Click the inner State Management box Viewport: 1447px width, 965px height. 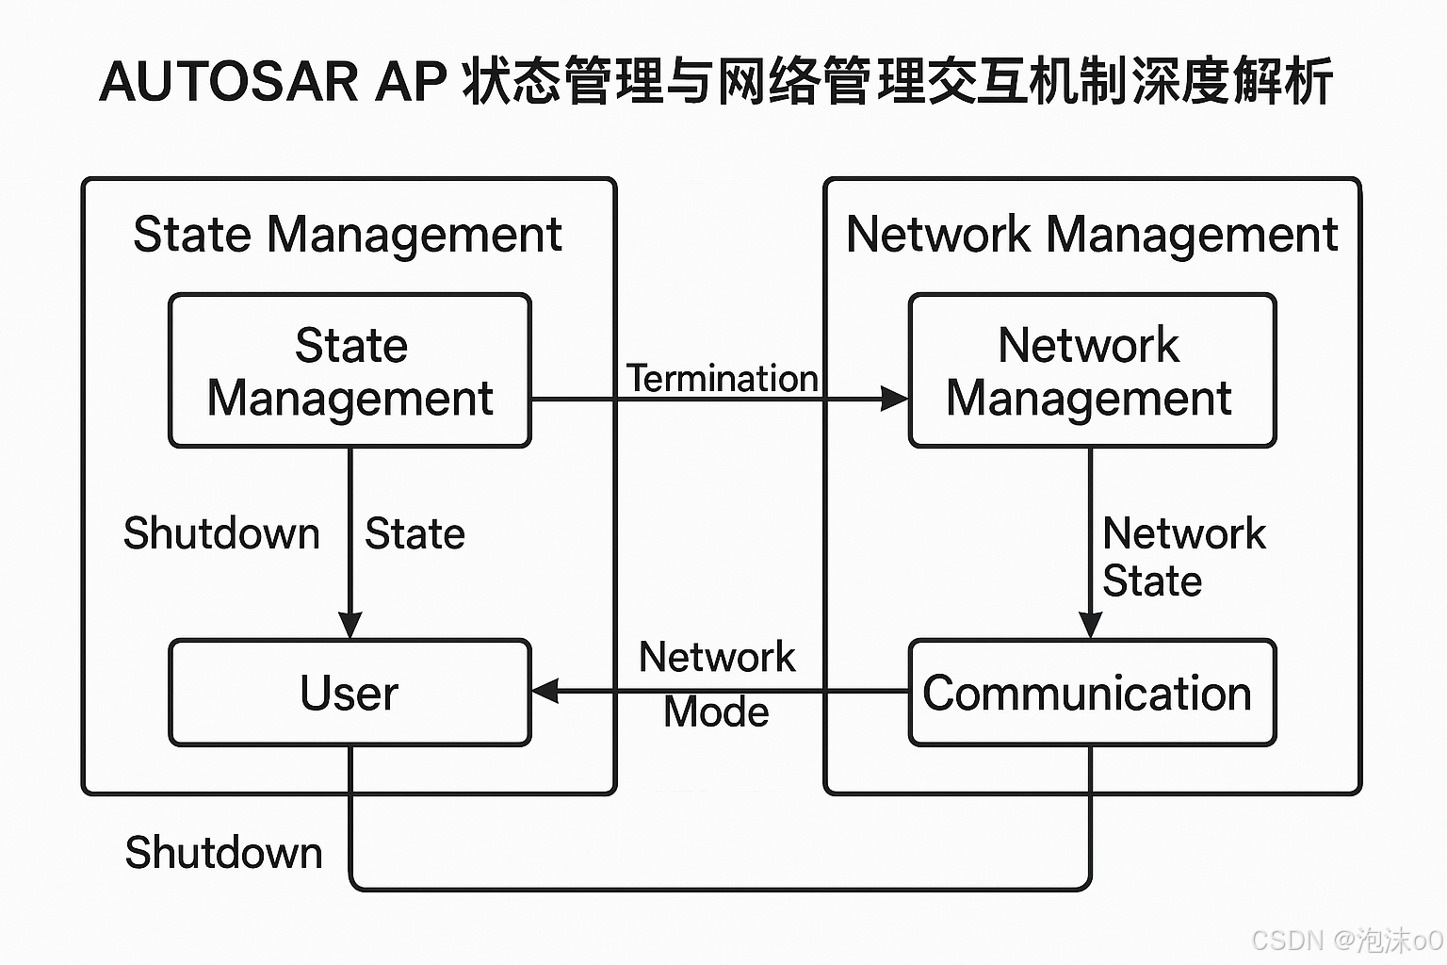pos(350,370)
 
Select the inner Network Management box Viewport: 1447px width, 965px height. pos(1091,370)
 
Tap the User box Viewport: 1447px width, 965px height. pos(350,693)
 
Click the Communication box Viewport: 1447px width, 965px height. pos(1091,693)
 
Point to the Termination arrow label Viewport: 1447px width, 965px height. pos(723,379)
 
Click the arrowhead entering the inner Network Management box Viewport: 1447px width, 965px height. pos(893,400)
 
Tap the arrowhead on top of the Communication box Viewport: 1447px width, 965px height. pos(1090,625)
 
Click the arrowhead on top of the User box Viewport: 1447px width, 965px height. pos(350,625)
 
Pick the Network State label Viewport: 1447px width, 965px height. pos(1182,557)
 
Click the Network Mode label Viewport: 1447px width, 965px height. pos(717,684)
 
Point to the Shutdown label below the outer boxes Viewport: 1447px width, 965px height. pos(224,853)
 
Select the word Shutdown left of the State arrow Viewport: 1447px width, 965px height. pos(222,533)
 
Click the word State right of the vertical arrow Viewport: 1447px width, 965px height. pos(415,533)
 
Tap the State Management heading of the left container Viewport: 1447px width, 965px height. pos(348,235)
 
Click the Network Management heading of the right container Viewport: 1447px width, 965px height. pos(1091,235)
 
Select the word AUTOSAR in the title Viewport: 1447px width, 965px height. pos(228,81)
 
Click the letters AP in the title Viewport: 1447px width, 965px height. pos(411,81)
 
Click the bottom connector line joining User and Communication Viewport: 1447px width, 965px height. pos(721,889)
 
